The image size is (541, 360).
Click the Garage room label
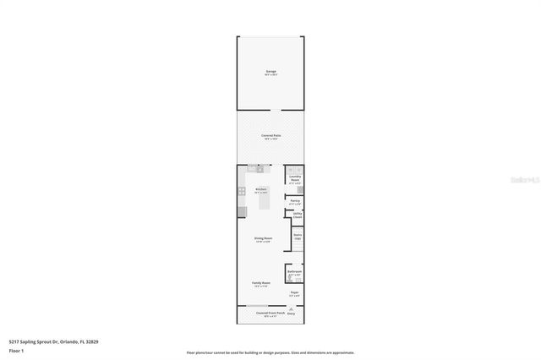pyautogui.click(x=270, y=72)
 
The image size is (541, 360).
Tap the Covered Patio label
pyautogui.click(x=270, y=135)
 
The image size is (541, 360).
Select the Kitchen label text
pyautogui.click(x=262, y=189)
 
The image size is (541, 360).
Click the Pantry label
pyautogui.click(x=294, y=201)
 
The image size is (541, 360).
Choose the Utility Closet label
pyautogui.click(x=297, y=216)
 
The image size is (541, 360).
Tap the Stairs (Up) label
pyautogui.click(x=298, y=237)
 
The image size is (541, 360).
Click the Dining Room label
pyautogui.click(x=263, y=239)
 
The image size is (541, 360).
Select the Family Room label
pyautogui.click(x=261, y=283)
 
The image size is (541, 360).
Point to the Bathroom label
pyautogui.click(x=294, y=272)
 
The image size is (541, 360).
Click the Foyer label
pyautogui.click(x=293, y=293)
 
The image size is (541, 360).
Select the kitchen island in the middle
pyautogui.click(x=264, y=201)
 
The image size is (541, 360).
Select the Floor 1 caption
pyautogui.click(x=15, y=350)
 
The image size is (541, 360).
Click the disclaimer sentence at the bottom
pyautogui.click(x=270, y=352)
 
